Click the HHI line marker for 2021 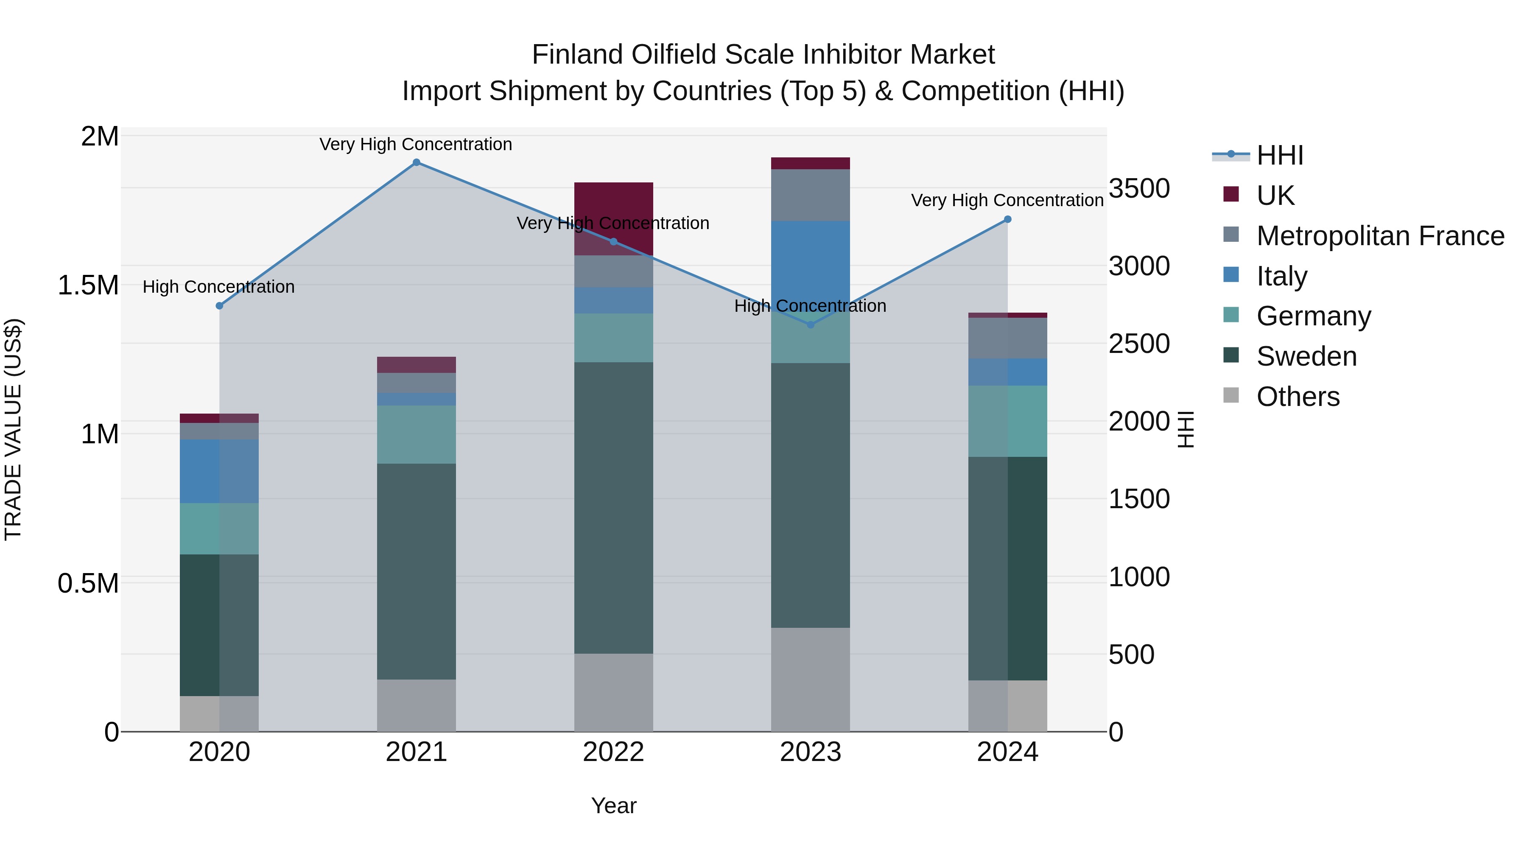pos(416,162)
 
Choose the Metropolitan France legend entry pos(1379,235)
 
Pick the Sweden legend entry pos(1306,356)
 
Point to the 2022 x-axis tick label pos(613,752)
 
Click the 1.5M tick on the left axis pos(88,285)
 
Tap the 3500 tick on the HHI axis pos(1139,188)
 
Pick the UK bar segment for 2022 pos(613,218)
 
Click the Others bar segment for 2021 pos(416,705)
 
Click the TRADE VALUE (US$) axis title pos(13,429)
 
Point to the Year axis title pos(613,806)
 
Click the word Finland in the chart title pos(577,55)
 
